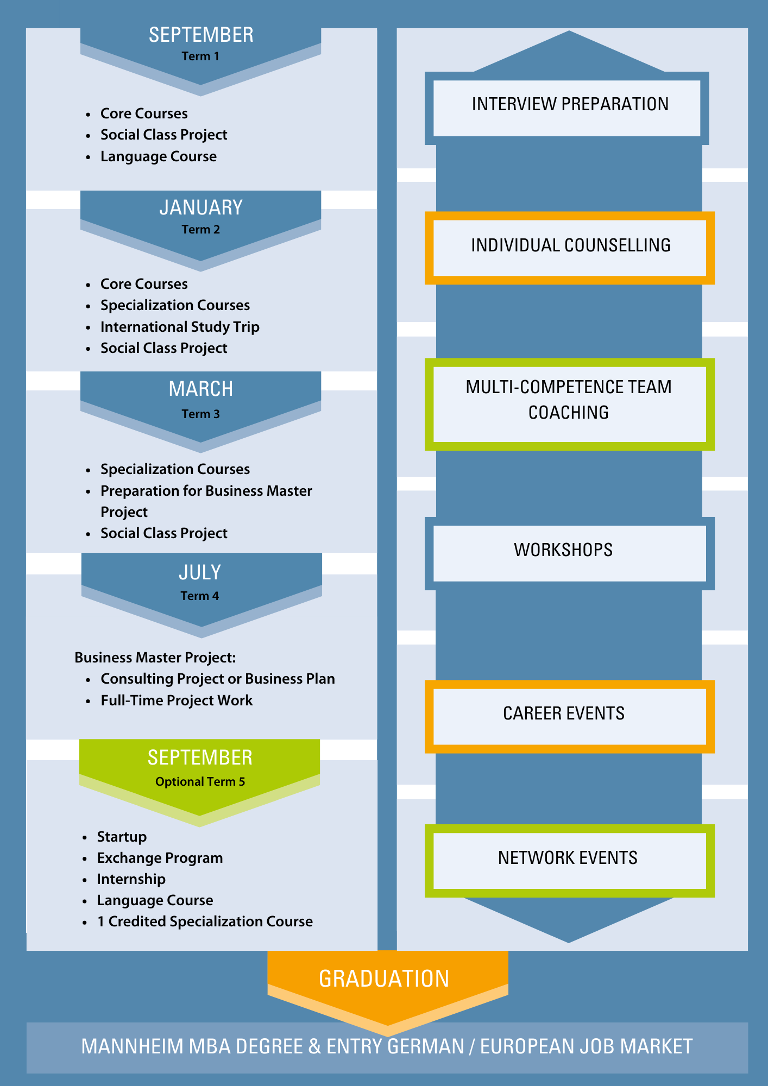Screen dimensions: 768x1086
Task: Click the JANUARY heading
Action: (201, 207)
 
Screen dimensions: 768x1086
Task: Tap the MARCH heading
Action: (201, 389)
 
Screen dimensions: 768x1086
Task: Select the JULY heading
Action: (200, 572)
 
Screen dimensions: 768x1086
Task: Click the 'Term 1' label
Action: (200, 56)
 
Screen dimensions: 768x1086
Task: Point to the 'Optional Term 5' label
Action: (200, 781)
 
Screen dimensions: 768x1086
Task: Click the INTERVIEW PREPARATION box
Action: (567, 108)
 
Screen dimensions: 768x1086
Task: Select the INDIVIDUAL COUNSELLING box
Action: (570, 248)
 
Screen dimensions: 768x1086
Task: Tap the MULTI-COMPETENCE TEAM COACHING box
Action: (570, 404)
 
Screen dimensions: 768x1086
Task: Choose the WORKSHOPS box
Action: (570, 553)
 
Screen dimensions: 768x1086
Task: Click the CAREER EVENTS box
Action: (570, 717)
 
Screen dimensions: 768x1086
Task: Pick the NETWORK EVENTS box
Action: (570, 861)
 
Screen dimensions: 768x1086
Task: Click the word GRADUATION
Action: (384, 978)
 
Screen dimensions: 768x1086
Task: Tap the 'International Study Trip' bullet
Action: (180, 327)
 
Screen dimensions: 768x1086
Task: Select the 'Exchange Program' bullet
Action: (160, 858)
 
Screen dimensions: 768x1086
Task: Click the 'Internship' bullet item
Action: (131, 879)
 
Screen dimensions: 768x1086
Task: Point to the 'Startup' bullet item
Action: (122, 837)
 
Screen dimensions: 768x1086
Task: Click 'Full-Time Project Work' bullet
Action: (177, 700)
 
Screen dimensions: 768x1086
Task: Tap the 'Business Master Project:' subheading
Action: (155, 658)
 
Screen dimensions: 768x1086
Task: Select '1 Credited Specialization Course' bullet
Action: (205, 921)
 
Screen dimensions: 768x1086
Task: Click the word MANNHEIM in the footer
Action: (133, 1046)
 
